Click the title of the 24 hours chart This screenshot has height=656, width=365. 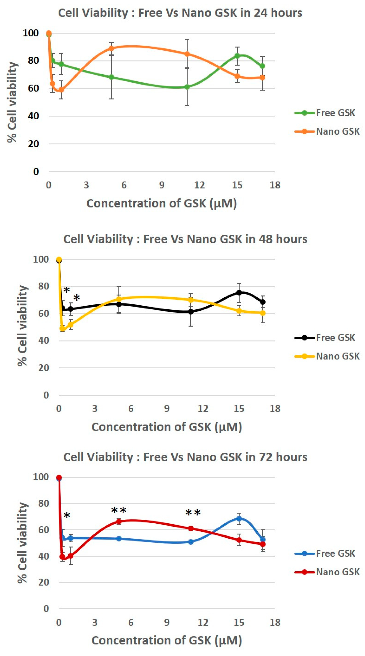(x=180, y=13)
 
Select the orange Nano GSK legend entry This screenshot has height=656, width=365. (x=327, y=132)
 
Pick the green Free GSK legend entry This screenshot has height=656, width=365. (x=325, y=113)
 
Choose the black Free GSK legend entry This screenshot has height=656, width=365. (x=325, y=338)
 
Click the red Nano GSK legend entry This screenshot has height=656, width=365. (x=327, y=572)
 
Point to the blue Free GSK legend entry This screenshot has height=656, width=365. (x=325, y=554)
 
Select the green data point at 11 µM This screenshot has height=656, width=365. (x=187, y=87)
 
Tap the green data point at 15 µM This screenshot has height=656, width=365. (x=237, y=56)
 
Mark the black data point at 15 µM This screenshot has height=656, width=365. (x=239, y=293)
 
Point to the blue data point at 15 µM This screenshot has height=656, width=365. (x=239, y=518)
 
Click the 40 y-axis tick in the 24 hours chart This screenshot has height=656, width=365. (x=33, y=116)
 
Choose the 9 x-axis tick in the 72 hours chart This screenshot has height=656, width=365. (x=167, y=623)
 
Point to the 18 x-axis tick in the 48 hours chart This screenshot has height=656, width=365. (x=275, y=409)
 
